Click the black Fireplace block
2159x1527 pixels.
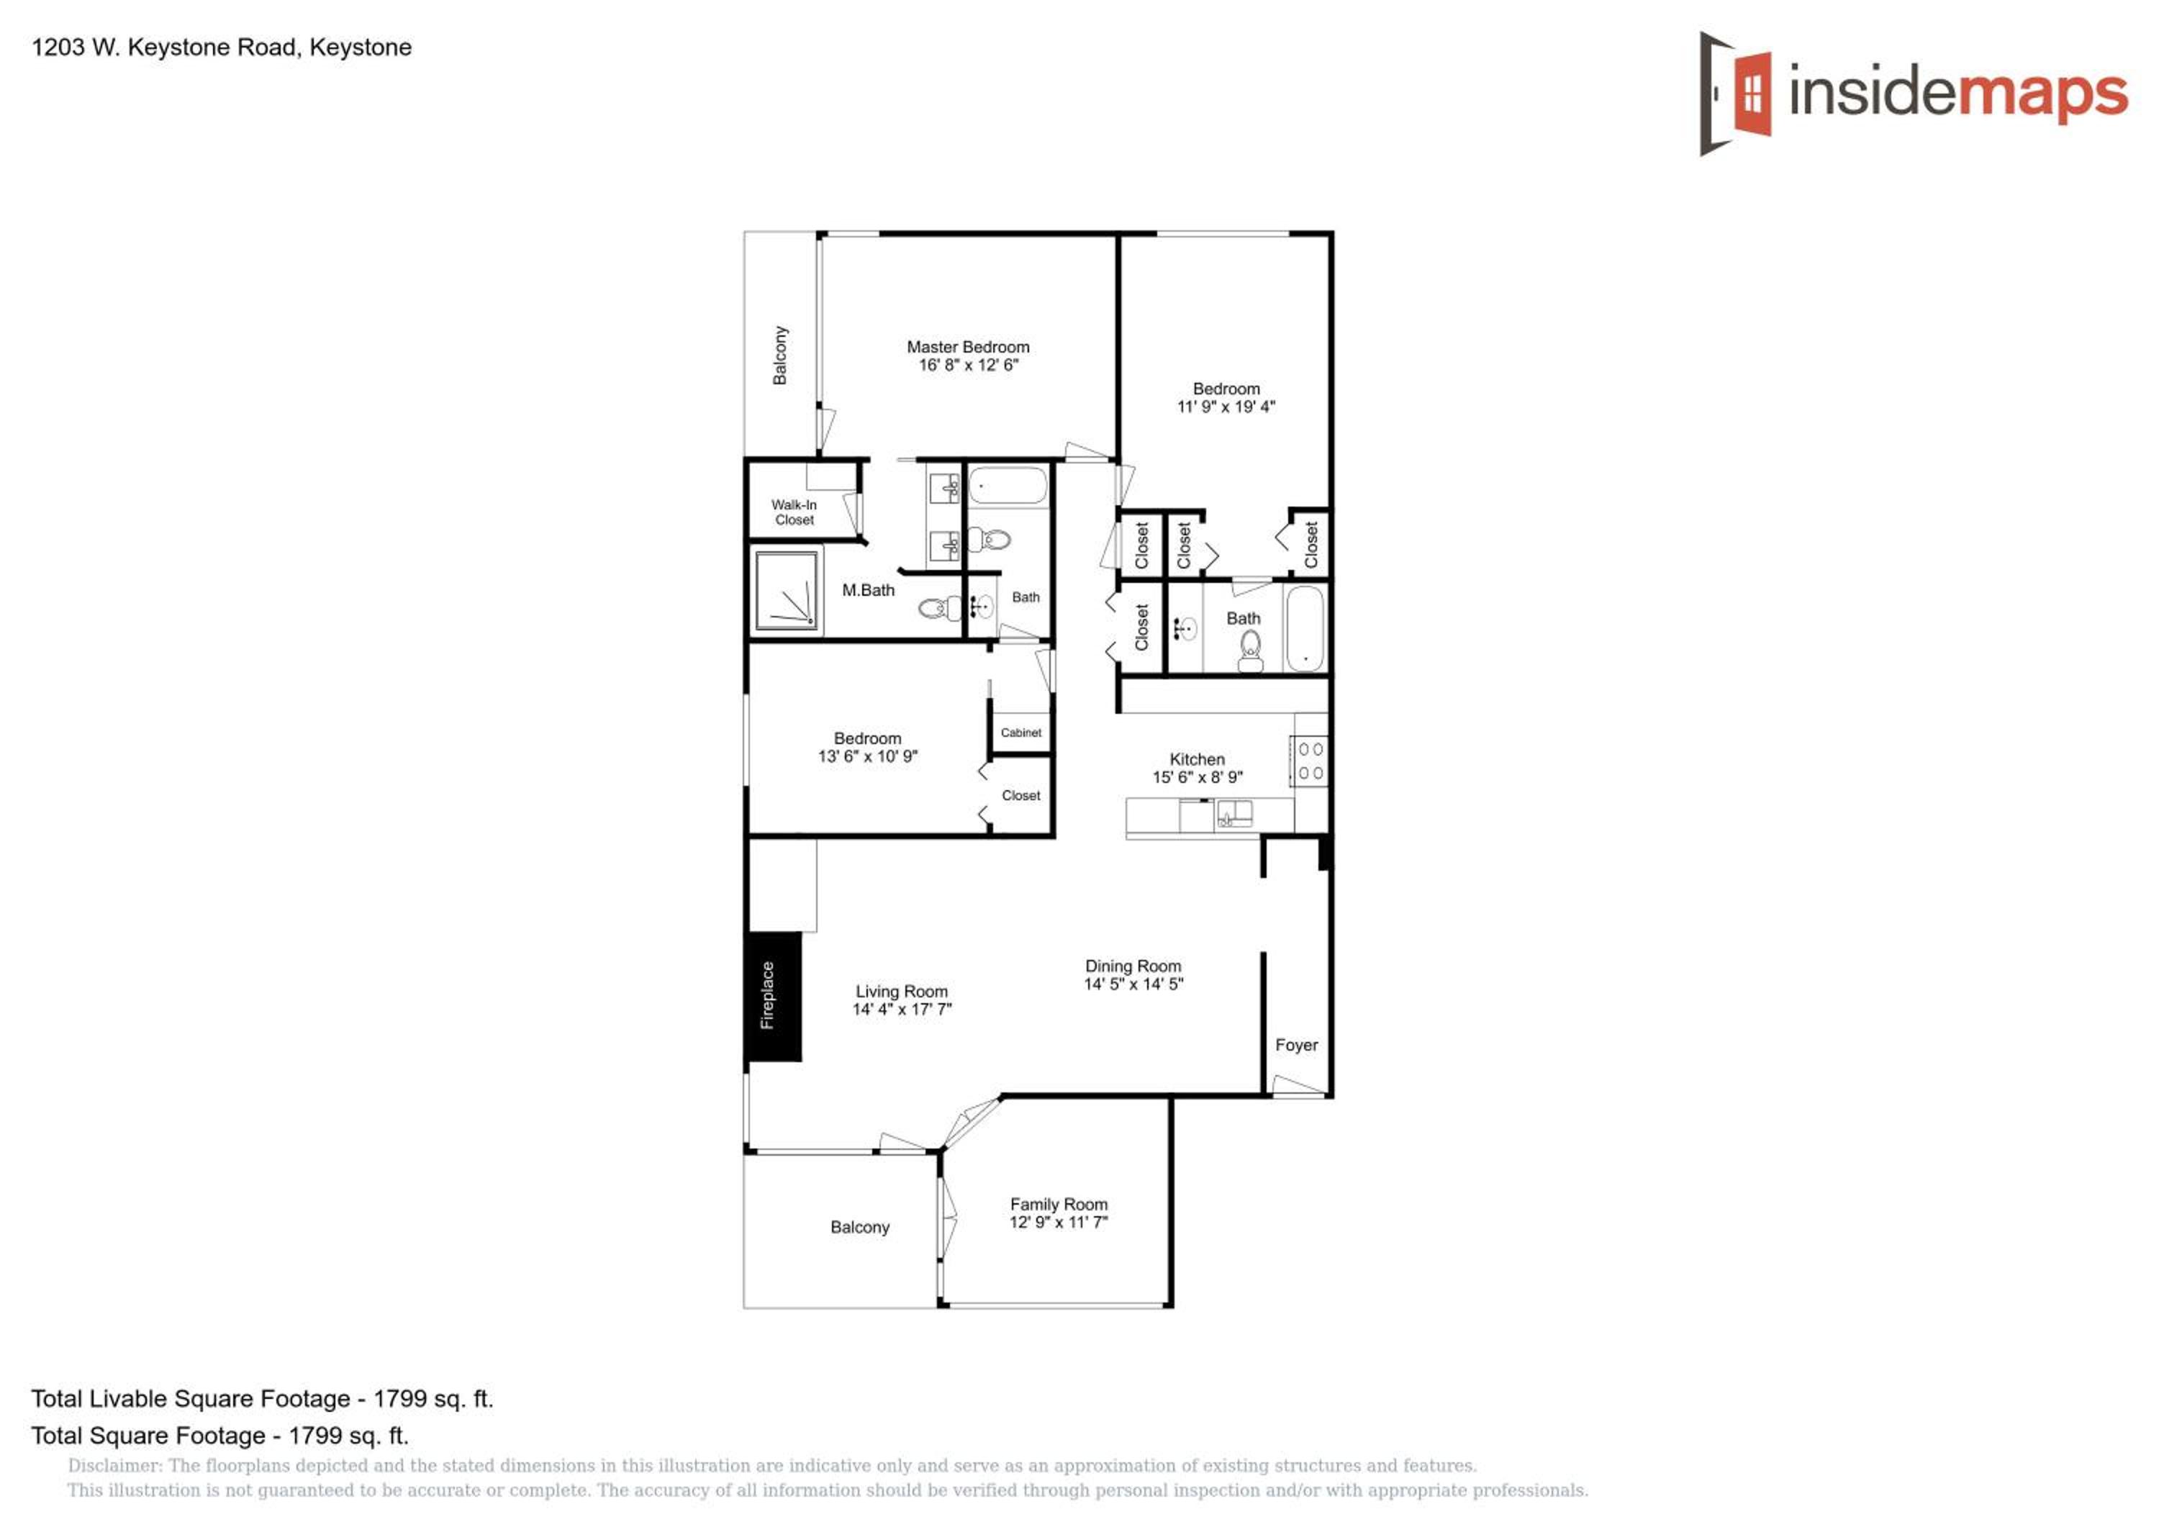point(773,996)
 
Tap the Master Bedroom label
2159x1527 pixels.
point(968,347)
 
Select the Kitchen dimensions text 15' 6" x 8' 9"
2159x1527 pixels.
point(1197,776)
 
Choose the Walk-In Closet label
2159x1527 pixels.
point(794,512)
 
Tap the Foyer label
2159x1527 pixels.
point(1296,1045)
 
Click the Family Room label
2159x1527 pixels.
point(1059,1204)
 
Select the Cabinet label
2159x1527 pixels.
point(1020,733)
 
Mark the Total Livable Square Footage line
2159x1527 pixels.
point(263,1398)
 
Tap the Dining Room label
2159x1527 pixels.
point(1133,966)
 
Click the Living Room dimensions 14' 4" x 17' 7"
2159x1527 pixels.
point(902,1009)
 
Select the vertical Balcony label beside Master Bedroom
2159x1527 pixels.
point(779,355)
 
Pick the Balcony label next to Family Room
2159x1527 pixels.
point(859,1227)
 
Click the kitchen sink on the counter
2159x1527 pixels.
point(1234,813)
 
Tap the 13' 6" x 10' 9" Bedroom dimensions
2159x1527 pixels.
point(867,756)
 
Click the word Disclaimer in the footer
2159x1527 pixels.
point(114,1466)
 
